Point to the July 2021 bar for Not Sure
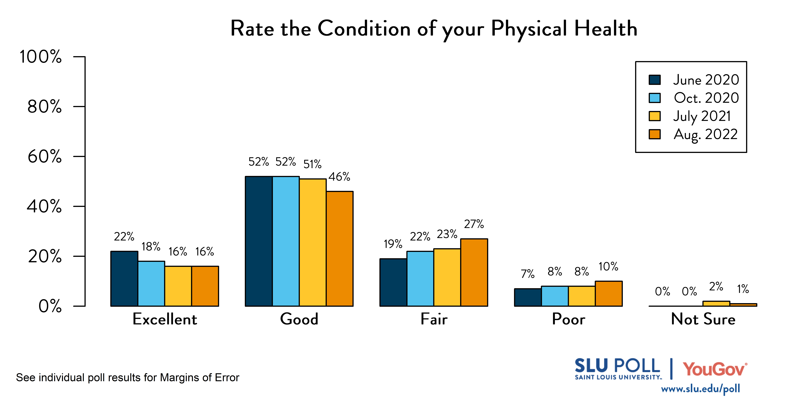[x=716, y=304]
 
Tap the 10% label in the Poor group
[x=608, y=267]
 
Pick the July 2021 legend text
[x=702, y=116]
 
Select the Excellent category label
[x=165, y=319]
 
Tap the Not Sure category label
[x=703, y=319]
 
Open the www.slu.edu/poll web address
[x=700, y=389]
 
